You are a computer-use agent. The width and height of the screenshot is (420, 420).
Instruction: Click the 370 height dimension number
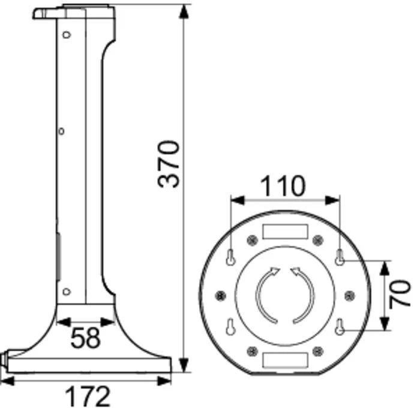click(x=169, y=164)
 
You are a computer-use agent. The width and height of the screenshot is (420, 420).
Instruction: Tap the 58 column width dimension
click(x=85, y=338)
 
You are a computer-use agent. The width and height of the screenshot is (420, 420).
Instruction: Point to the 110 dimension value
click(x=282, y=186)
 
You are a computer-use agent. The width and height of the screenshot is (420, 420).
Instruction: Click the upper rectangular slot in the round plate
click(x=286, y=231)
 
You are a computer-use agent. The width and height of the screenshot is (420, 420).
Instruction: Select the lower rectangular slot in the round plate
click(x=286, y=360)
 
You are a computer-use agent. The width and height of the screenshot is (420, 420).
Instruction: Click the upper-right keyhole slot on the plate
click(x=340, y=258)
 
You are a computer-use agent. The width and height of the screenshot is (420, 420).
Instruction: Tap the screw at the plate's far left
click(x=221, y=295)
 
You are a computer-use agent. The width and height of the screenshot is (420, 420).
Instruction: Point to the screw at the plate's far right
click(x=350, y=295)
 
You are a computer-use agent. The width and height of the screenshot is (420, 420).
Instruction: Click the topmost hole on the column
click(x=67, y=34)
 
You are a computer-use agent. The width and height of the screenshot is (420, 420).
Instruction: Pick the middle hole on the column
click(x=62, y=130)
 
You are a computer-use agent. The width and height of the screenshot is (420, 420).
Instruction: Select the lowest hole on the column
click(x=67, y=292)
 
